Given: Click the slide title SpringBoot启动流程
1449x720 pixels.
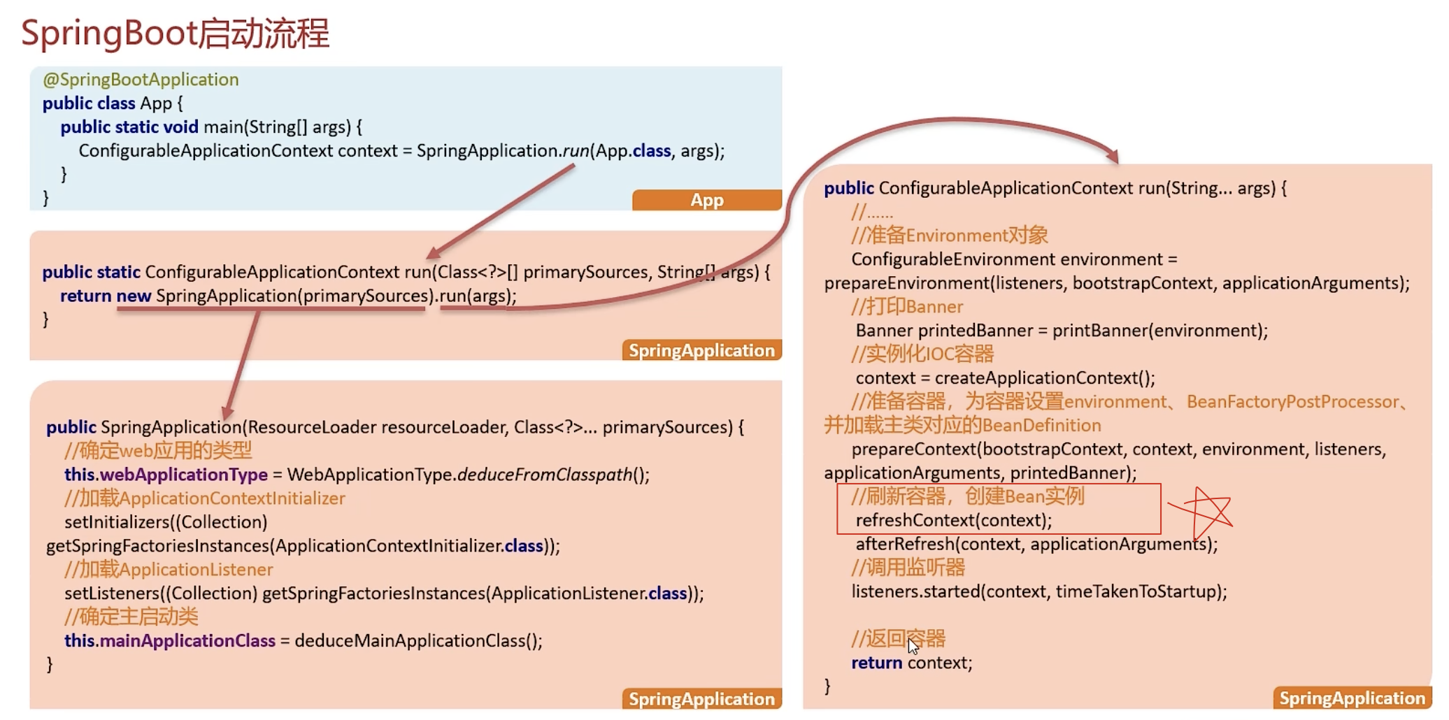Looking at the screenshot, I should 175,34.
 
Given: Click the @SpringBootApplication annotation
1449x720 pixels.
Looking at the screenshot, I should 141,80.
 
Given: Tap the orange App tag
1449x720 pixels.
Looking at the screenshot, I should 706,200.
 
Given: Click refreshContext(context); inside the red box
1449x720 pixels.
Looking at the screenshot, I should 953,520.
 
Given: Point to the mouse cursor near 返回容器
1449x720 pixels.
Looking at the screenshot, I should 913,645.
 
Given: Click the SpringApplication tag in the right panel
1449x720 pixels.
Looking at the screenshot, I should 1351,698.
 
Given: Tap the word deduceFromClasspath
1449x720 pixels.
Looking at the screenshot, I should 544,475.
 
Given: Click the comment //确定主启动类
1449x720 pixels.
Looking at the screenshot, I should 131,617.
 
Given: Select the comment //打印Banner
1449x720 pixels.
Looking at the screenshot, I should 907,307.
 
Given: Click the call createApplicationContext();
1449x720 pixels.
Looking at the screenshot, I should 1045,378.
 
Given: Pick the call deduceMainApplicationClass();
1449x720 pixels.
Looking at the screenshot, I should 418,640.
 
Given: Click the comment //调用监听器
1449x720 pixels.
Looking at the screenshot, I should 908,568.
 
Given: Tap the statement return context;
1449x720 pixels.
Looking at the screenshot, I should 911,663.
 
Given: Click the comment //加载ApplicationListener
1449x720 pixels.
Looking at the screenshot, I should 169,569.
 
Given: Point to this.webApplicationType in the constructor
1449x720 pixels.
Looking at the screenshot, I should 166,475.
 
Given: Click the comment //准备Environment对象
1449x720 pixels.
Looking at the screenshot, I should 949,236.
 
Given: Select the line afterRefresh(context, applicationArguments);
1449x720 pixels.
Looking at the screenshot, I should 1036,544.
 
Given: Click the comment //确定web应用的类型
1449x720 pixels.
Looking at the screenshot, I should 158,451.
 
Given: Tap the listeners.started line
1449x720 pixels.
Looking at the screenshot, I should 1038,591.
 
